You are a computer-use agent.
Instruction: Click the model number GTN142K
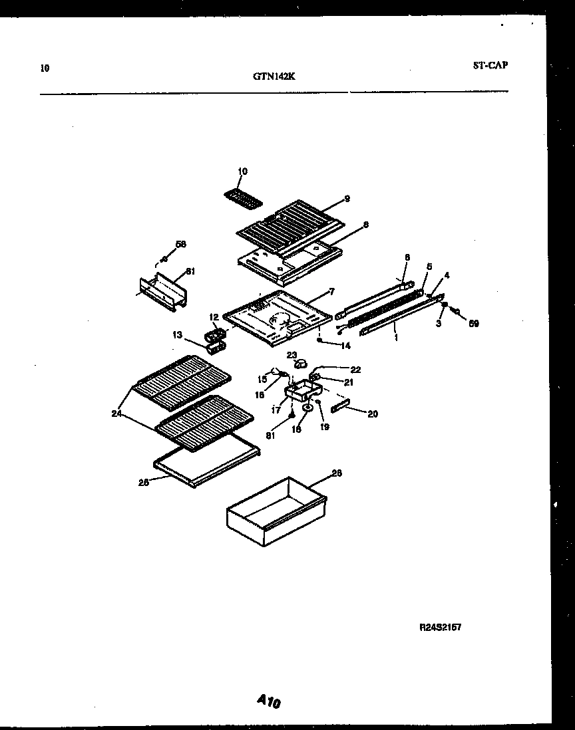pos(274,76)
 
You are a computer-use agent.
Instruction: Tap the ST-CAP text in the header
pos(490,65)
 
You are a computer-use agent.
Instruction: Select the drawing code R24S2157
pos(440,627)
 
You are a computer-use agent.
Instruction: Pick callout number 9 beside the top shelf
pos(346,199)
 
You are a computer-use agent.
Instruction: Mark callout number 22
pos(355,370)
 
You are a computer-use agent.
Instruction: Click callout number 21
pos(348,382)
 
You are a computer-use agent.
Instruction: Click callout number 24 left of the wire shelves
pos(117,414)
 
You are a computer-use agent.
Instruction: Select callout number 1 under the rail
pos(397,338)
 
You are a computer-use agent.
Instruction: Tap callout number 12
pos(214,316)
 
